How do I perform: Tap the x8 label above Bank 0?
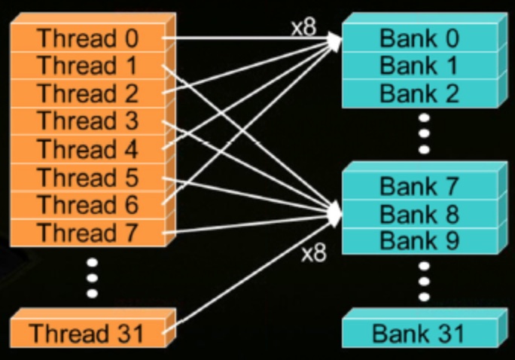(x=304, y=28)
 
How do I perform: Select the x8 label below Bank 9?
(x=314, y=254)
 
